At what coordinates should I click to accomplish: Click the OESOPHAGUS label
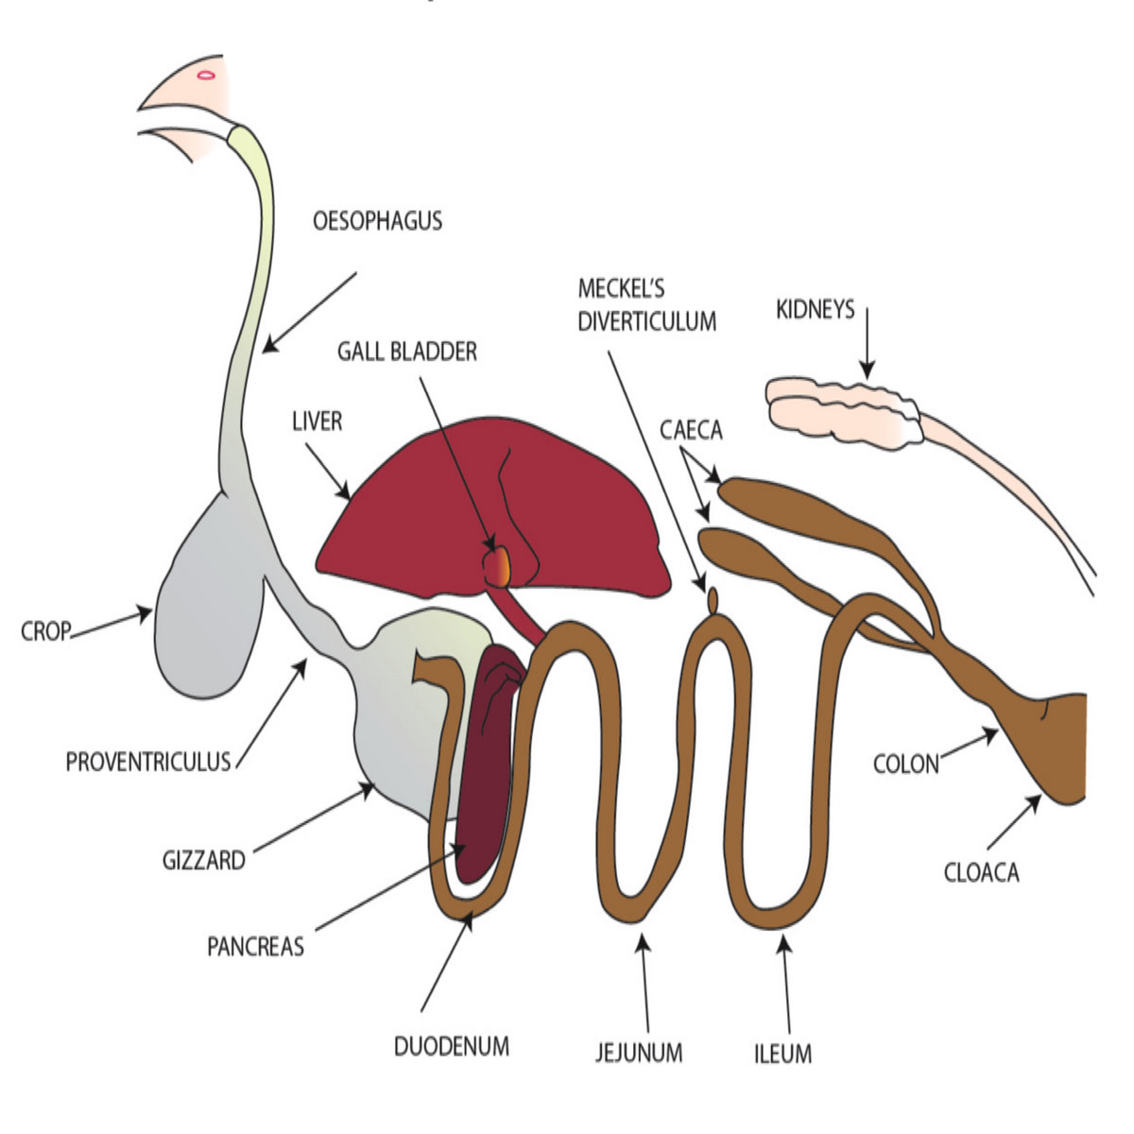pyautogui.click(x=377, y=222)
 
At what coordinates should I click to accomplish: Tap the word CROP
pyautogui.click(x=45, y=631)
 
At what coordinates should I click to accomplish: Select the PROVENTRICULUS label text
pyautogui.click(x=148, y=762)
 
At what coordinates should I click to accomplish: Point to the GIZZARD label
pyautogui.click(x=203, y=861)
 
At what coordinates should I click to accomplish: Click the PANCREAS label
pyautogui.click(x=255, y=946)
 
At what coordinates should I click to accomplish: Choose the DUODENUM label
pyautogui.click(x=451, y=1047)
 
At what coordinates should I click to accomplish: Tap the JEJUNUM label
pyautogui.click(x=639, y=1052)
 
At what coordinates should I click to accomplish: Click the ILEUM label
pyautogui.click(x=782, y=1052)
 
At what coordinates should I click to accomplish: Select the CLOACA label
pyautogui.click(x=982, y=872)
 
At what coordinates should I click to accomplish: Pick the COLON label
pyautogui.click(x=905, y=764)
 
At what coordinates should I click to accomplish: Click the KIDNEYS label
pyautogui.click(x=815, y=309)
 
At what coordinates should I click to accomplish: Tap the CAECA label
pyautogui.click(x=691, y=431)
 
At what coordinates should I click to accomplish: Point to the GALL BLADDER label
pyautogui.click(x=407, y=352)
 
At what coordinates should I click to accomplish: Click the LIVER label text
pyautogui.click(x=317, y=421)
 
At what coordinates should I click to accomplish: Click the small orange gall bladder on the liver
pyautogui.click(x=497, y=566)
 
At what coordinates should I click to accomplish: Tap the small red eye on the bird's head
pyautogui.click(x=205, y=74)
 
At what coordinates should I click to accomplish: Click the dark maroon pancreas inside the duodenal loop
pyautogui.click(x=487, y=756)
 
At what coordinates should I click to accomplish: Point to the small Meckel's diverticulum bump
pyautogui.click(x=713, y=600)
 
